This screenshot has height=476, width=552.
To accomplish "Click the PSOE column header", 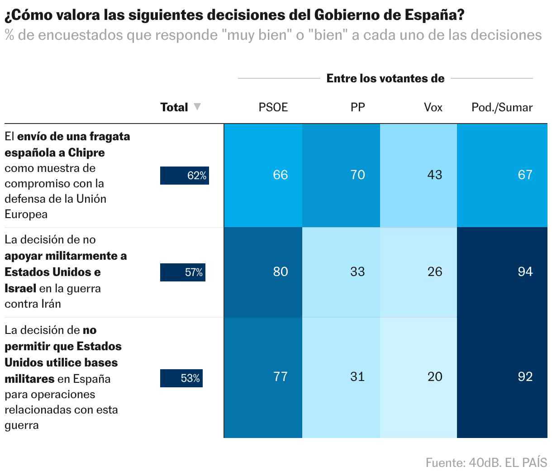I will click(273, 107).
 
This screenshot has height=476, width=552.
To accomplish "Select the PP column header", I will click(357, 107).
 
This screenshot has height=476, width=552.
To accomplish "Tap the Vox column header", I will click(433, 107).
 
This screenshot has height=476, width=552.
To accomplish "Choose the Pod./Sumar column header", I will click(502, 107).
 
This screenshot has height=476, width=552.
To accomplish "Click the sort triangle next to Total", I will click(197, 107).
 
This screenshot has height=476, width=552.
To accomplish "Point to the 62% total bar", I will click(185, 176).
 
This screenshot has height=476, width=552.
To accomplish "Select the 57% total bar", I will click(183, 272).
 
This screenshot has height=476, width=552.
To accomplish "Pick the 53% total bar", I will click(181, 378).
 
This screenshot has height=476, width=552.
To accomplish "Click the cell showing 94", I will click(502, 272).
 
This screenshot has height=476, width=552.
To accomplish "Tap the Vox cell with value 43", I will click(419, 175).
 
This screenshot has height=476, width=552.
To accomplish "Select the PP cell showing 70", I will click(341, 175).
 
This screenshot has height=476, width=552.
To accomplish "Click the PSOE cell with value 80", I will click(263, 272).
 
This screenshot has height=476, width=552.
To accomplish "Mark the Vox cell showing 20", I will click(419, 377).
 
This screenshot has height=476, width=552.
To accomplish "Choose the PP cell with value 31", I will click(341, 377).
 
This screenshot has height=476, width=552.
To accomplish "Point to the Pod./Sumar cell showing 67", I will click(502, 175).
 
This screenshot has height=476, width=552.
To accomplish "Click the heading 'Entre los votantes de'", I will click(385, 78).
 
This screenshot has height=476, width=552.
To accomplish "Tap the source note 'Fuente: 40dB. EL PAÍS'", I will click(486, 463).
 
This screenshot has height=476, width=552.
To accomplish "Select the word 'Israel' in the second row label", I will click(20, 288).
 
